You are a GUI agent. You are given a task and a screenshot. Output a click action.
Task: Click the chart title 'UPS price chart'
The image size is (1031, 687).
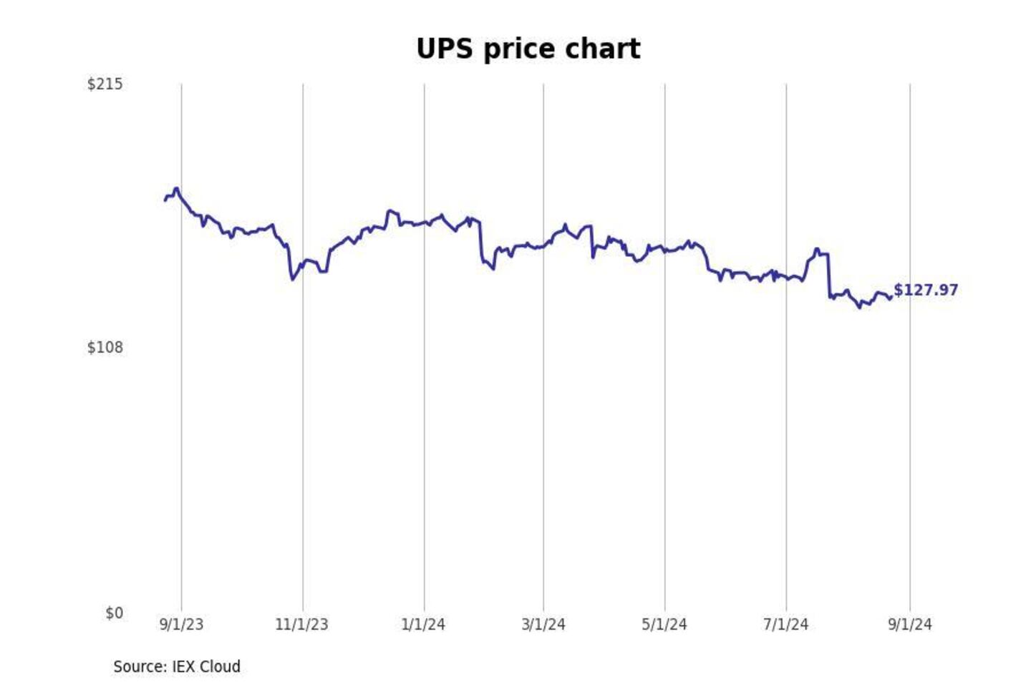click(x=528, y=49)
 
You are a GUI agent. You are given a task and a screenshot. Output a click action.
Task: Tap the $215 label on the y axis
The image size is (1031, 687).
click(x=105, y=84)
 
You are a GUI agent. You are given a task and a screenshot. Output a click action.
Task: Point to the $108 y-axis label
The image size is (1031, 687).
click(x=105, y=348)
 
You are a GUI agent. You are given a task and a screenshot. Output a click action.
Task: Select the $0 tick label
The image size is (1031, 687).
click(x=114, y=613)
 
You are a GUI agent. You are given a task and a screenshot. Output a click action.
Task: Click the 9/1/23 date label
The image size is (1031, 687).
click(x=181, y=624)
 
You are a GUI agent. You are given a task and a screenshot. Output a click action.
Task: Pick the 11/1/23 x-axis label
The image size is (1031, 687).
click(x=301, y=624)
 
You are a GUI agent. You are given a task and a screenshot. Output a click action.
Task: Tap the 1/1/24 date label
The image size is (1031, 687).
click(x=423, y=624)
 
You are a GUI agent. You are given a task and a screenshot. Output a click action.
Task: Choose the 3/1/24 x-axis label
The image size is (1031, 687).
click(x=543, y=624)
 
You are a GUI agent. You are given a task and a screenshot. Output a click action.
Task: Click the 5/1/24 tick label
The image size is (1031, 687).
click(x=664, y=624)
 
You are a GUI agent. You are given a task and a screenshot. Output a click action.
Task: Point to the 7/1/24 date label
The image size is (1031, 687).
click(x=785, y=624)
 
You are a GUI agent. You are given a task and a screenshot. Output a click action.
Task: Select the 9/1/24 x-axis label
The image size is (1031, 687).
click(x=910, y=624)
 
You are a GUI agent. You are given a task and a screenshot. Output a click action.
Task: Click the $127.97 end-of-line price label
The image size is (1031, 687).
click(x=926, y=290)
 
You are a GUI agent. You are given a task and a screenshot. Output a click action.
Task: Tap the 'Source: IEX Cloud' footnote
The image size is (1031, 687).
click(x=177, y=666)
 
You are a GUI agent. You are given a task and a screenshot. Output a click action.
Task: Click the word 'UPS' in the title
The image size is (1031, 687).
click(x=445, y=49)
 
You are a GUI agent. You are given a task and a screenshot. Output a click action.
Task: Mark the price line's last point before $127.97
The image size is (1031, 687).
click(x=890, y=298)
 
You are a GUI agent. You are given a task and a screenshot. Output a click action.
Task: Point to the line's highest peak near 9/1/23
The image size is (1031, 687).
click(x=177, y=188)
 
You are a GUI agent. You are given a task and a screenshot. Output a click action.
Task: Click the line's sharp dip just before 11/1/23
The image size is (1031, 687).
click(x=292, y=279)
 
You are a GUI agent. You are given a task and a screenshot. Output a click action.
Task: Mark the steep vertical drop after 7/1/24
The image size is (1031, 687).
click(x=829, y=276)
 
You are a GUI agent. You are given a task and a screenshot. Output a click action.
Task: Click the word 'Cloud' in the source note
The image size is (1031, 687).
click(x=220, y=666)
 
